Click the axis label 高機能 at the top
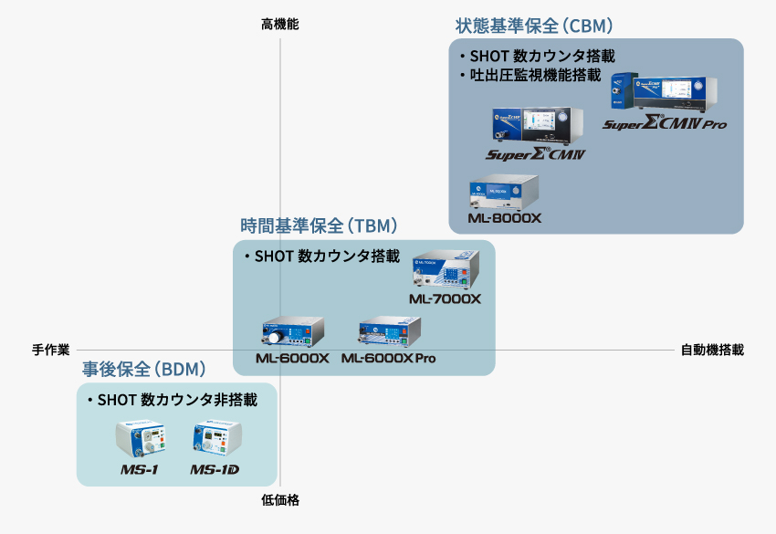pos(280,25)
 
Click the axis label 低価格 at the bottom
pos(280,500)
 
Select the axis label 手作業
pos(51,350)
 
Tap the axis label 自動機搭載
pos(712,350)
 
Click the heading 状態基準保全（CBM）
pos(534,25)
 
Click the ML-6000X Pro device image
pos(389,332)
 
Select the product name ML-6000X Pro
pos(388,359)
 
